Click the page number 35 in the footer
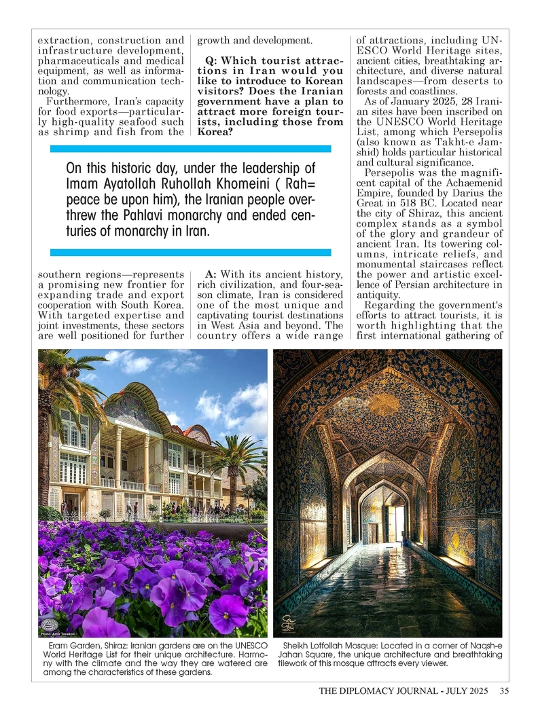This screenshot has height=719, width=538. [504, 692]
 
